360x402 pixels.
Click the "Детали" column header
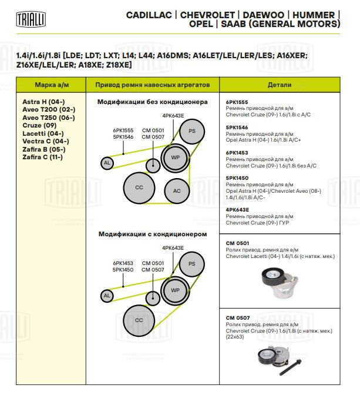click(x=280, y=85)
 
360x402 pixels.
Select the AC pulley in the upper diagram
click(x=177, y=190)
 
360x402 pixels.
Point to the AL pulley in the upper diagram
click(x=107, y=163)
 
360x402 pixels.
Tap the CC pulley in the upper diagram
click(x=139, y=187)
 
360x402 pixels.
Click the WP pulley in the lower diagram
click(x=175, y=290)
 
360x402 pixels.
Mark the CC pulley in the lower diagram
click(x=139, y=320)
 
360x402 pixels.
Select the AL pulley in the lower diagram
click(x=107, y=296)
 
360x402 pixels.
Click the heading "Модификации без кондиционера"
click(x=152, y=102)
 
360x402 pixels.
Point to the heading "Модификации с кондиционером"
click(x=152, y=233)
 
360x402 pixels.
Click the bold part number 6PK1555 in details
click(x=237, y=102)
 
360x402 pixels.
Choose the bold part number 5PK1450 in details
click(x=237, y=177)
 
